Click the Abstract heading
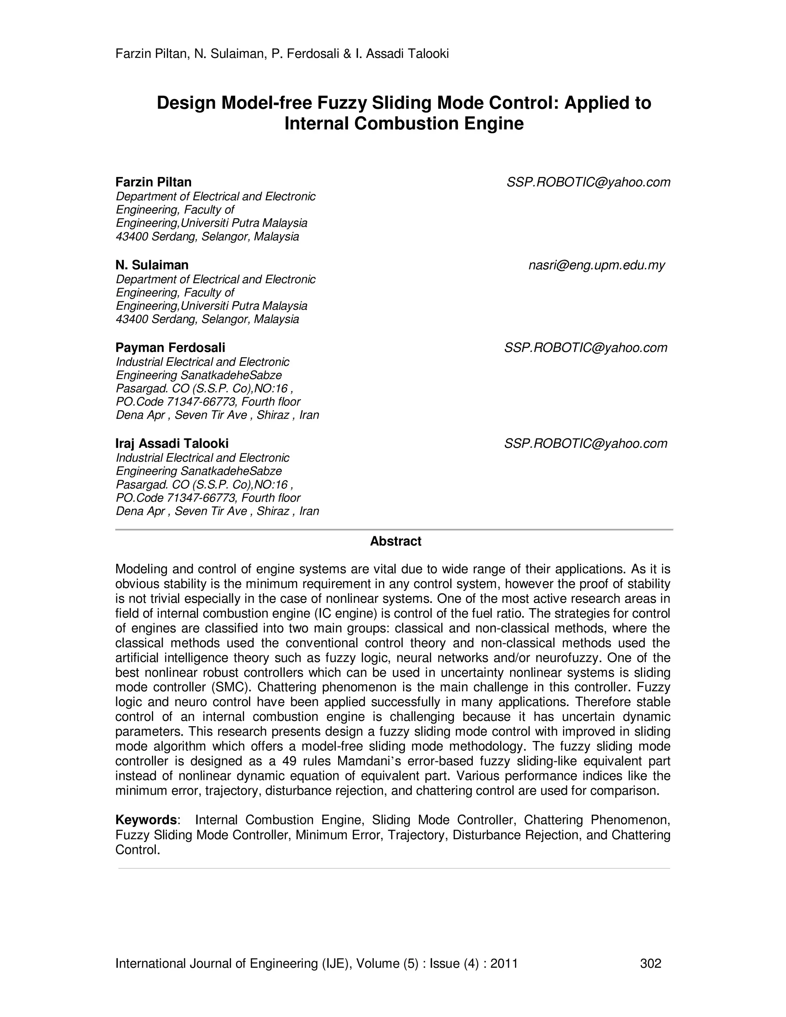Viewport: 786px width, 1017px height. click(395, 541)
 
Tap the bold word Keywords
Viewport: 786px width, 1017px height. click(146, 820)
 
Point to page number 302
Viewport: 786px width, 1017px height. click(651, 963)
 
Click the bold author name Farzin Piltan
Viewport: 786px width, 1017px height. click(153, 182)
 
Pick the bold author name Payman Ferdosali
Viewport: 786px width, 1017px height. click(170, 347)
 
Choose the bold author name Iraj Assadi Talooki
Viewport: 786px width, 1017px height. click(172, 443)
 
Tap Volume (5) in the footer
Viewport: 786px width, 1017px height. click(388, 963)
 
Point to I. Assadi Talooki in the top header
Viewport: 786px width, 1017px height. click(402, 54)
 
